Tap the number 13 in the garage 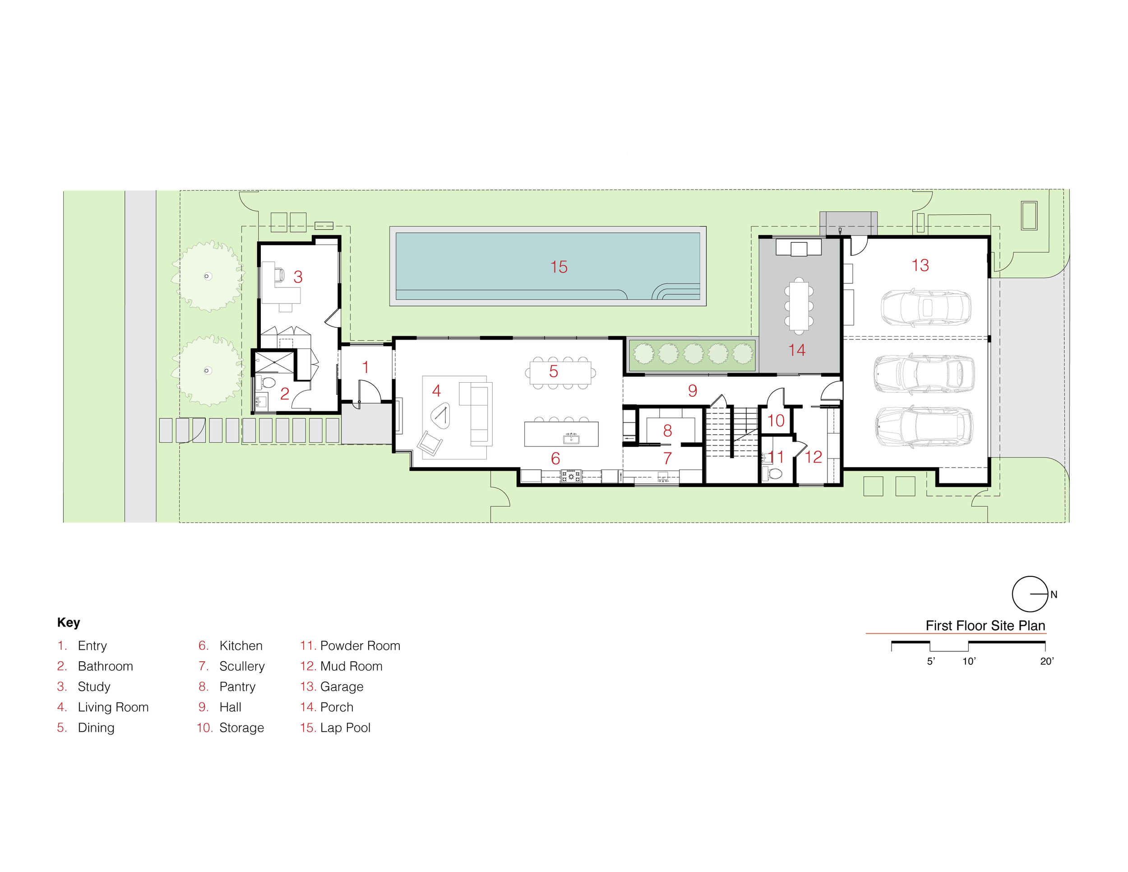(x=920, y=265)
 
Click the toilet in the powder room (x=773, y=473)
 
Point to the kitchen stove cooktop (x=571, y=476)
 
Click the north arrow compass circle (x=1030, y=594)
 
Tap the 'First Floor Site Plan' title (x=985, y=626)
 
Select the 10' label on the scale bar (x=968, y=661)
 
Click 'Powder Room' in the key (x=360, y=646)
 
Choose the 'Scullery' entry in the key (x=242, y=666)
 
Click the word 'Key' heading (x=69, y=622)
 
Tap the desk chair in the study (x=279, y=274)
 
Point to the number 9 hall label (x=693, y=390)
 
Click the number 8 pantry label (x=667, y=430)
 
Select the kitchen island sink (x=571, y=439)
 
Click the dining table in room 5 (x=560, y=372)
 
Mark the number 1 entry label (x=365, y=367)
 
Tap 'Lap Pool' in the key (x=345, y=728)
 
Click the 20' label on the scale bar (x=1046, y=661)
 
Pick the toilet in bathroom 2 (x=267, y=383)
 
